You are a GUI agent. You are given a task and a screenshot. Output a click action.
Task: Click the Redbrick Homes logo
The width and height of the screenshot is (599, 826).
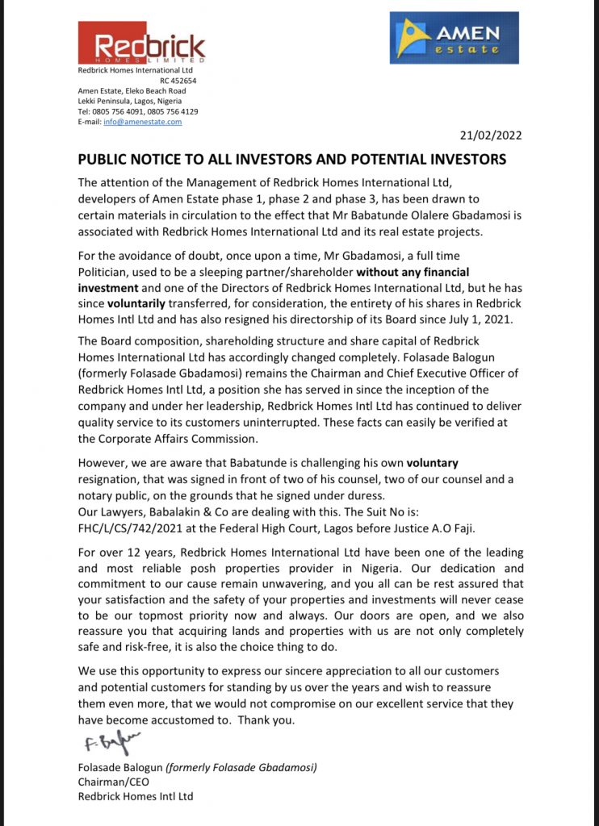coord(141,43)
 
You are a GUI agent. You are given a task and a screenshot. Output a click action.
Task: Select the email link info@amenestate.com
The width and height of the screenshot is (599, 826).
coord(141,122)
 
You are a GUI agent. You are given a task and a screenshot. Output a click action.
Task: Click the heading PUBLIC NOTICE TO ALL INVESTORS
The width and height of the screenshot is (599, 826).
coord(291,159)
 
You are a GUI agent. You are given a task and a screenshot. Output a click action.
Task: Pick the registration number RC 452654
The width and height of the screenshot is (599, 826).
coord(177,81)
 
